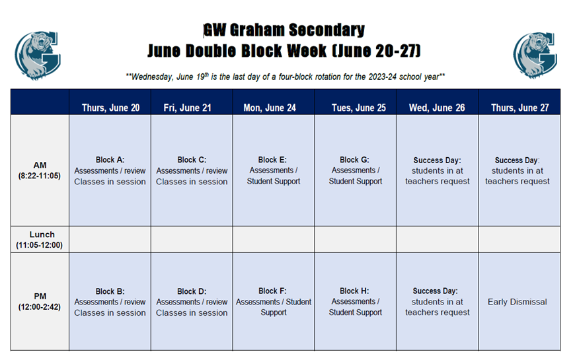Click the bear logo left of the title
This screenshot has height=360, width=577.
tap(38, 55)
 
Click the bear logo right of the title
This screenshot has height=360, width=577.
tap(535, 55)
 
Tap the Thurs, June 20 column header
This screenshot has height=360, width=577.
tap(110, 108)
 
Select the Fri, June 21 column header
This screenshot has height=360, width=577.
tap(187, 108)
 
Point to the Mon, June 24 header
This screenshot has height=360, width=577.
tap(270, 108)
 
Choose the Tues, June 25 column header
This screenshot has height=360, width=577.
tap(359, 108)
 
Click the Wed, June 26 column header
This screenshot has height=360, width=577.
tap(437, 108)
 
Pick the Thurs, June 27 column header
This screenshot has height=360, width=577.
tap(519, 108)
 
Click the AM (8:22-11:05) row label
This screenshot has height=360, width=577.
tap(40, 170)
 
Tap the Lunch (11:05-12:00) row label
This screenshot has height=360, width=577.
tap(40, 240)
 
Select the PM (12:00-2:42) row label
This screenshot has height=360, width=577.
tap(40, 301)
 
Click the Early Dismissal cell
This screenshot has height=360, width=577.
tap(517, 302)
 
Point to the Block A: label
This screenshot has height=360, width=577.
tap(110, 160)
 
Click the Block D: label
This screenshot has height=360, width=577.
tap(192, 291)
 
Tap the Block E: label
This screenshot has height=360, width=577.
tap(272, 160)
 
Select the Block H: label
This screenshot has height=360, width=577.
tap(354, 291)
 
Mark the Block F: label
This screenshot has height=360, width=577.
tap(272, 291)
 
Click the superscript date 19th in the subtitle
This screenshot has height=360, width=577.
tap(202, 76)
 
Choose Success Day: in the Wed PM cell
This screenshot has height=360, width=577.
tap(436, 291)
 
